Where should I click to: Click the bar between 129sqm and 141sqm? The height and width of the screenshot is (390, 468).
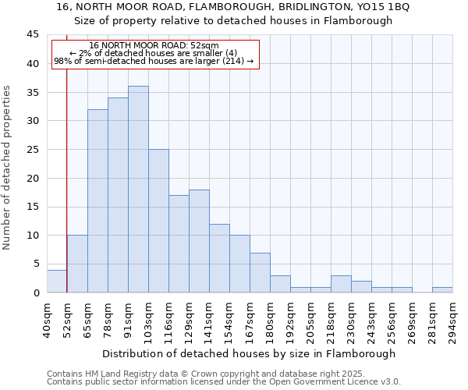(199, 241)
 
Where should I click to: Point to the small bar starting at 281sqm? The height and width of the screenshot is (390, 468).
(442, 290)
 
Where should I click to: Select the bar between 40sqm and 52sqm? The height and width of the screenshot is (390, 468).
(57, 281)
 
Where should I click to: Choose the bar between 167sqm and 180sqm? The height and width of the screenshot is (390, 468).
(260, 272)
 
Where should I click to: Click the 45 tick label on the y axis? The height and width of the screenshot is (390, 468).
(32, 35)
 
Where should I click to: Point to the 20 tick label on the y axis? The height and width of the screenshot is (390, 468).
(32, 178)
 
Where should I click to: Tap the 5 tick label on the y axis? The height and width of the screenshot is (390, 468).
(35, 264)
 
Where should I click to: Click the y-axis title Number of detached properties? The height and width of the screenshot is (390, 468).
(8, 168)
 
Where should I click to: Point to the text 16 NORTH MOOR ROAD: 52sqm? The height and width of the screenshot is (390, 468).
(154, 46)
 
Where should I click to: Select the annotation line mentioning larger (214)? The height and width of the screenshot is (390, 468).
(154, 61)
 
